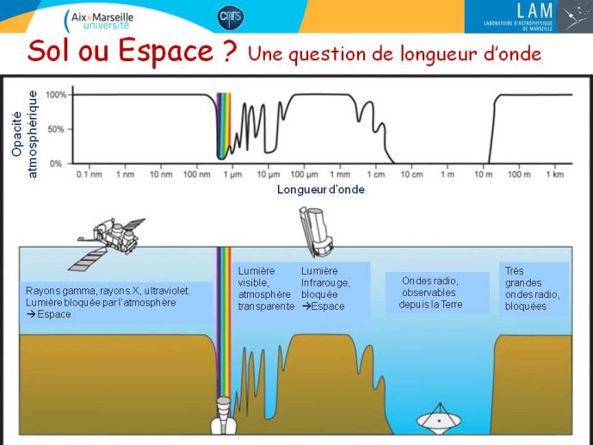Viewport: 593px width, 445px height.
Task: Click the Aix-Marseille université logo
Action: coord(99,20)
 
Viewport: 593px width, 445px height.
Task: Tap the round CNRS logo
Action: coord(231,17)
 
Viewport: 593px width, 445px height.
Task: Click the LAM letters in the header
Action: coord(534,10)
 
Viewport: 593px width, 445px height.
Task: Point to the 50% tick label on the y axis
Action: coord(56,129)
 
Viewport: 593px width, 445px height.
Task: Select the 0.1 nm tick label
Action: coord(90,174)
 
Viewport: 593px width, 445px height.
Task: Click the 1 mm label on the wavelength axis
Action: coord(340,174)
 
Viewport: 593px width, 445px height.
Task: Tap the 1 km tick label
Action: coord(555,174)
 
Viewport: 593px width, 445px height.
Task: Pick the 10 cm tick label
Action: coord(412,174)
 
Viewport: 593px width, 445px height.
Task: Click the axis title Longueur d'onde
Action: coord(321,189)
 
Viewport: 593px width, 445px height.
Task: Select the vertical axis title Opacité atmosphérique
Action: coord(25,134)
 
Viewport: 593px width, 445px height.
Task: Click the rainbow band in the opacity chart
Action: coord(224,126)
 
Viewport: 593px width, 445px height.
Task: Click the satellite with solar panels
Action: coord(108,243)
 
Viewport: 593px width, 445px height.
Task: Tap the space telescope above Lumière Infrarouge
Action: coord(316,232)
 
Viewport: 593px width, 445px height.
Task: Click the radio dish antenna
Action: coord(440,419)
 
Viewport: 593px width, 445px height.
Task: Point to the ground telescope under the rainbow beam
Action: coord(224,416)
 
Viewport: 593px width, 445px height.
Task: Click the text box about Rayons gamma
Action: coord(116,302)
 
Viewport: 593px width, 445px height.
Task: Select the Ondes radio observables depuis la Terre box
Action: coord(437,293)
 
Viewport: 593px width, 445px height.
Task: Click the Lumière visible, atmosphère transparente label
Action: coord(265,288)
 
